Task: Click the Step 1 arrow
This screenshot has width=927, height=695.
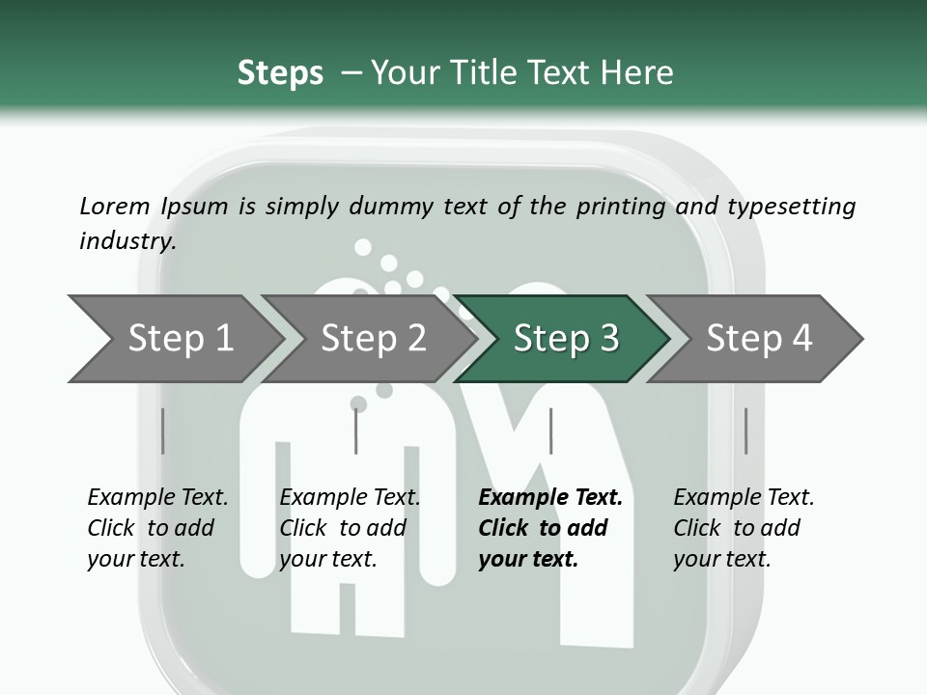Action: tap(180, 338)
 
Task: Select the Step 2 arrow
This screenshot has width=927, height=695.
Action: tap(373, 338)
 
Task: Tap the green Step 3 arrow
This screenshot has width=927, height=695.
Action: tap(566, 338)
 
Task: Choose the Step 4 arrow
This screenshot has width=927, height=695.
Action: tap(759, 338)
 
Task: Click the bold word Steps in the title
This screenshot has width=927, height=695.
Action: tap(280, 73)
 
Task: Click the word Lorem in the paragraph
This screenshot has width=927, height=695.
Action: tap(114, 206)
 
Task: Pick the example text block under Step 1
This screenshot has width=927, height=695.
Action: tap(157, 527)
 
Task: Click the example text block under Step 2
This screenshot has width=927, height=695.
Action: tap(350, 527)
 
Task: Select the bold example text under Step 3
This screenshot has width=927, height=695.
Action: tap(549, 527)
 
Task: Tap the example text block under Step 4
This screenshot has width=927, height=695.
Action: tap(744, 527)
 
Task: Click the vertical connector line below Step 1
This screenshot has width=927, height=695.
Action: tap(163, 431)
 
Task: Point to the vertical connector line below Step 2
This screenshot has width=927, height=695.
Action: tap(356, 431)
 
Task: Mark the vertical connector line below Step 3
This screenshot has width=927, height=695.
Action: tap(550, 431)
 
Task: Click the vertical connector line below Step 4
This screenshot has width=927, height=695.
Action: tap(745, 431)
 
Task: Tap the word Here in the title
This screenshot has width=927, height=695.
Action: tap(641, 73)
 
